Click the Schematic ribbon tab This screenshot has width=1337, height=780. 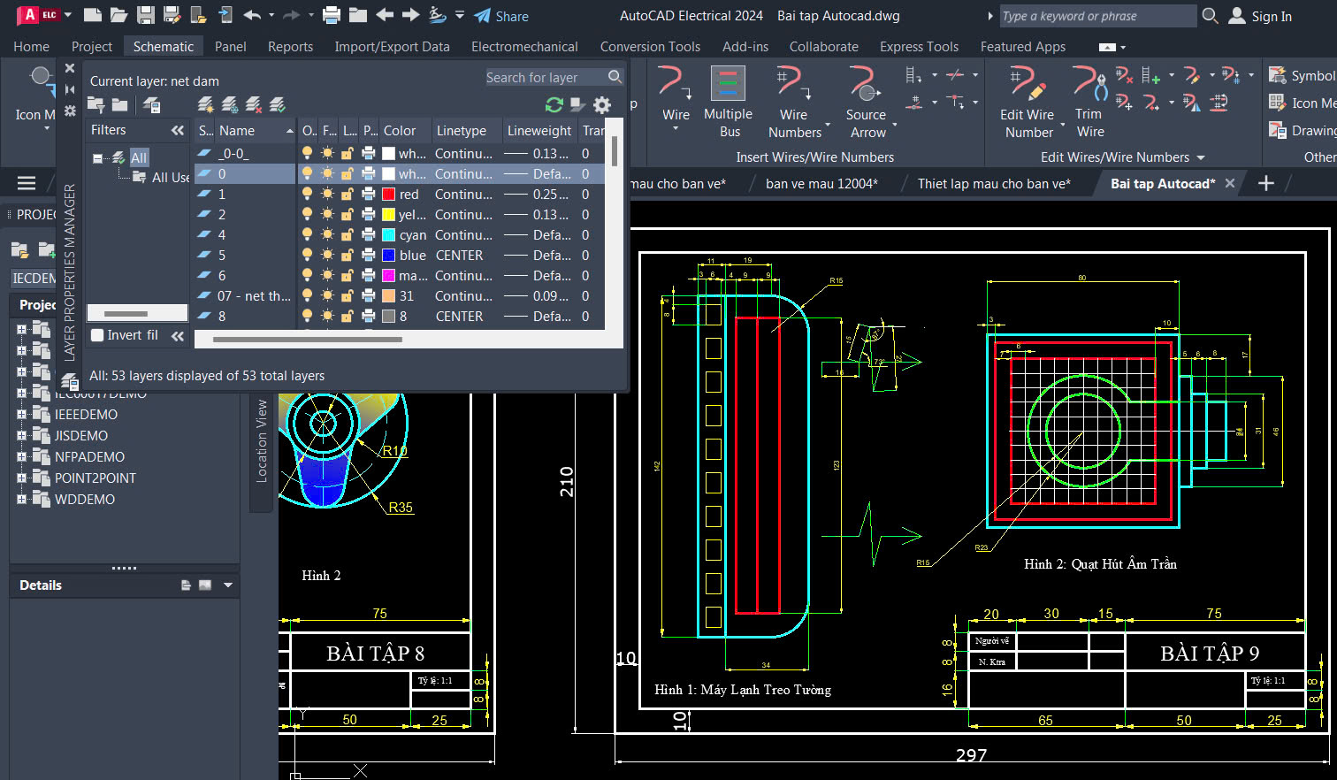[x=163, y=46]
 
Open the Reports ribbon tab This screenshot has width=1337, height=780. [x=290, y=46]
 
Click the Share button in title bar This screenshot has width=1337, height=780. [x=501, y=16]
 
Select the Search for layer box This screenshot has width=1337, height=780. [x=545, y=78]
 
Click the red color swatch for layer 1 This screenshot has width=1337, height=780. [x=388, y=195]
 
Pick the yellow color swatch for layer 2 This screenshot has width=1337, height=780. [x=388, y=215]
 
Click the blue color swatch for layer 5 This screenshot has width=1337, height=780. [x=388, y=256]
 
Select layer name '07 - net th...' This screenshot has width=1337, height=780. [x=254, y=296]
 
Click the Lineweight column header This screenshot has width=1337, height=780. [x=539, y=131]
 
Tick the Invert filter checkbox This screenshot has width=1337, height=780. [x=98, y=335]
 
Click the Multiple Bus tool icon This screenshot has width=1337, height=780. [x=728, y=85]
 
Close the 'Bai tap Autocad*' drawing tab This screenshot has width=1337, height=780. [x=1229, y=183]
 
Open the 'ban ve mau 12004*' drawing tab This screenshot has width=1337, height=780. [x=821, y=183]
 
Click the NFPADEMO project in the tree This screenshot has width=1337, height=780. [x=89, y=457]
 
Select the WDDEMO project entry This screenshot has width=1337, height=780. [x=85, y=500]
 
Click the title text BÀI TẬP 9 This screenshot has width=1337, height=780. [x=1209, y=654]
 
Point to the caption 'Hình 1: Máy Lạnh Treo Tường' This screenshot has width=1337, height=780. [x=742, y=690]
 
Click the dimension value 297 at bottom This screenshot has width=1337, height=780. [x=970, y=755]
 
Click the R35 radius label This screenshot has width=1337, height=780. [x=401, y=508]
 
